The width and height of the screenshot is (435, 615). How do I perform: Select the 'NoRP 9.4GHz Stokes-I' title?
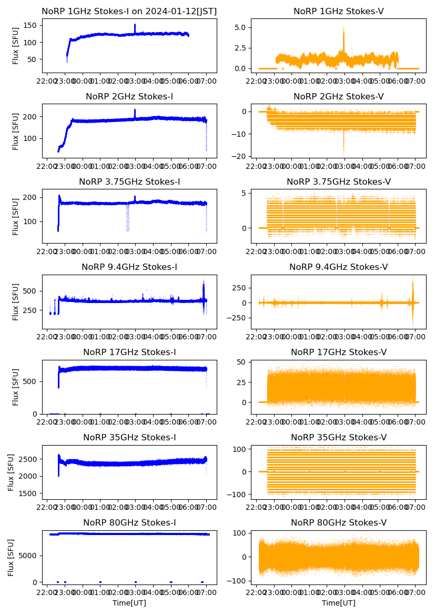(129, 267)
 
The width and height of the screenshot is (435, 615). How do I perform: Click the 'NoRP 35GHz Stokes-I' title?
(129, 438)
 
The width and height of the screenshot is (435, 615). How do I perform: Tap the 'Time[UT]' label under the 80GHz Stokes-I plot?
(129, 603)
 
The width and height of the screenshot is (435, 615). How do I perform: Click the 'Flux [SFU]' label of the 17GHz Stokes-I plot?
(16, 387)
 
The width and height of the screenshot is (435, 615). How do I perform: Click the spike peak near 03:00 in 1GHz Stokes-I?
(135, 25)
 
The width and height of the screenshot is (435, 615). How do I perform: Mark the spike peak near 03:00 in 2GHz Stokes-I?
(135, 110)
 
